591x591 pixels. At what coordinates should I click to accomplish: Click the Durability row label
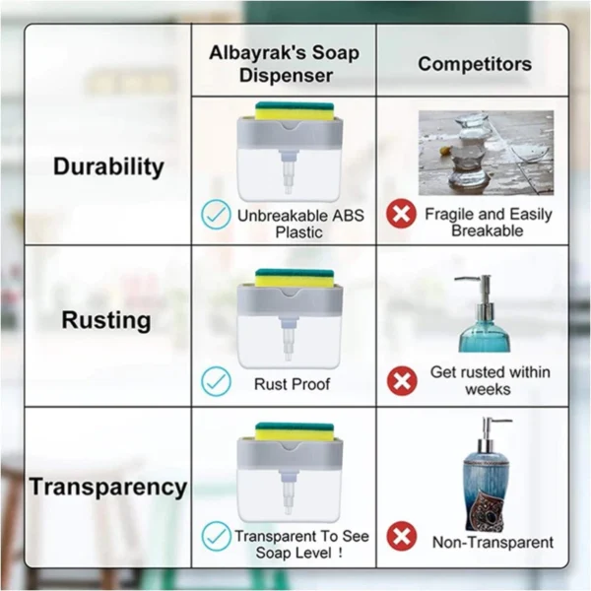[108, 166]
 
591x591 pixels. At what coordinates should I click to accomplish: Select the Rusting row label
[106, 320]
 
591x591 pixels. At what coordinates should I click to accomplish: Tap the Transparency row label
[107, 487]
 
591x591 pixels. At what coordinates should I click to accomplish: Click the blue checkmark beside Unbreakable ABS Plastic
[217, 215]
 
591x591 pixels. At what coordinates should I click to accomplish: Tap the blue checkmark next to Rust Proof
[217, 382]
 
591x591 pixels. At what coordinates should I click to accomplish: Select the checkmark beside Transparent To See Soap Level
[217, 536]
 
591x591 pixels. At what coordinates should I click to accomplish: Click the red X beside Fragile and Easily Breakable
[401, 214]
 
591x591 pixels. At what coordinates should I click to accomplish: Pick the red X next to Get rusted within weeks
[401, 380]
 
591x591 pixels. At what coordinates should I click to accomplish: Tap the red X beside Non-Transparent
[401, 537]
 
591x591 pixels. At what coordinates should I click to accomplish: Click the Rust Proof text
[292, 383]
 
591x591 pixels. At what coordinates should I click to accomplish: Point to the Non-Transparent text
[492, 542]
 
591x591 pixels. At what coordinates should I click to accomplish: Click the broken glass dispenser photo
[486, 152]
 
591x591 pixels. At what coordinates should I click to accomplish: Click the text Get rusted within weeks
[490, 380]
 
